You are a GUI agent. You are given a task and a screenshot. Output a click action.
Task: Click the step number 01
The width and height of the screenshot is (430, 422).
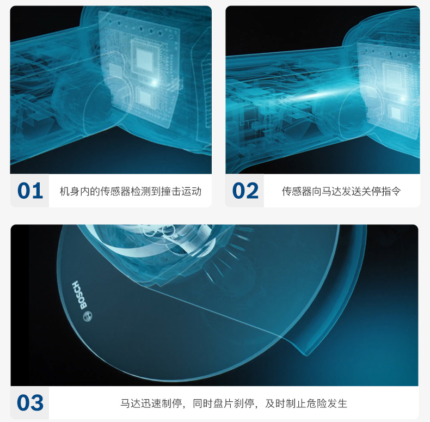coord(30,191)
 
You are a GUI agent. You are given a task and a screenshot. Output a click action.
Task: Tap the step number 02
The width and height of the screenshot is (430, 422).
coord(245,191)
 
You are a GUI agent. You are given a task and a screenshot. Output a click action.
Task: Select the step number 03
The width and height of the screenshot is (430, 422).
coord(30,403)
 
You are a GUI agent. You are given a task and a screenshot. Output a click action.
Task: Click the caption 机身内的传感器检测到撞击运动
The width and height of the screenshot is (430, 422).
coord(131,191)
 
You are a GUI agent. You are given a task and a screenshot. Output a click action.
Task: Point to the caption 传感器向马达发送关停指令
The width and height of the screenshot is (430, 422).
coord(341,191)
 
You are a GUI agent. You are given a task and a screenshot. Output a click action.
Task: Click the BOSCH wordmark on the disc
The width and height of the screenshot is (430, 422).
coord(79,295)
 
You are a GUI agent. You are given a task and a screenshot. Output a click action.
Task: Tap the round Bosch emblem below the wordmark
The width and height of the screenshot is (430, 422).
coord(88,316)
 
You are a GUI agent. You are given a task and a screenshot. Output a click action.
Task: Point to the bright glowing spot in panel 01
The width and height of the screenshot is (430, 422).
coord(155,82)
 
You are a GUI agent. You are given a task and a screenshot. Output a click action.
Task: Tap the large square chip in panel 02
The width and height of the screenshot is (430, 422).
coord(395,76)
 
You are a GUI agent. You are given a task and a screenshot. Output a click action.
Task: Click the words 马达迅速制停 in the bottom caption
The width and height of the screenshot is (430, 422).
coord(151,403)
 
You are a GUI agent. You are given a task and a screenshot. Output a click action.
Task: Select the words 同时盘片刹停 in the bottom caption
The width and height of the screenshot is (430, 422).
coord(223,403)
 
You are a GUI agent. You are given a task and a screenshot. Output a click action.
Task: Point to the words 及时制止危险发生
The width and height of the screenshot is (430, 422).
coord(306,403)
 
